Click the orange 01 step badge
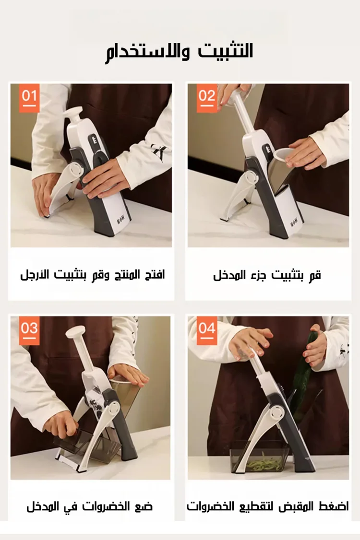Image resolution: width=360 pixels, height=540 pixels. pos(29,98)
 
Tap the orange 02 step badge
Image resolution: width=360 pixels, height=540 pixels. pos(207,98)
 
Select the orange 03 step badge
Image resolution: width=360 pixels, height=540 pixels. pos(29,330)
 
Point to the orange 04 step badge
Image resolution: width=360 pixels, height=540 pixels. pos(207,330)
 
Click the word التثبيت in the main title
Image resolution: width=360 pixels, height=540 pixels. pos(226,51)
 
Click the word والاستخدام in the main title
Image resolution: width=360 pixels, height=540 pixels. pos(147,52)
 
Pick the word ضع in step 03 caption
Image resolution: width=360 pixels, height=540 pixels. pos(145,506)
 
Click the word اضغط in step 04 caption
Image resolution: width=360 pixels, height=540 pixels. pos(336,506)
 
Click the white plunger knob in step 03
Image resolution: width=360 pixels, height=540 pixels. pos(75,332)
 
